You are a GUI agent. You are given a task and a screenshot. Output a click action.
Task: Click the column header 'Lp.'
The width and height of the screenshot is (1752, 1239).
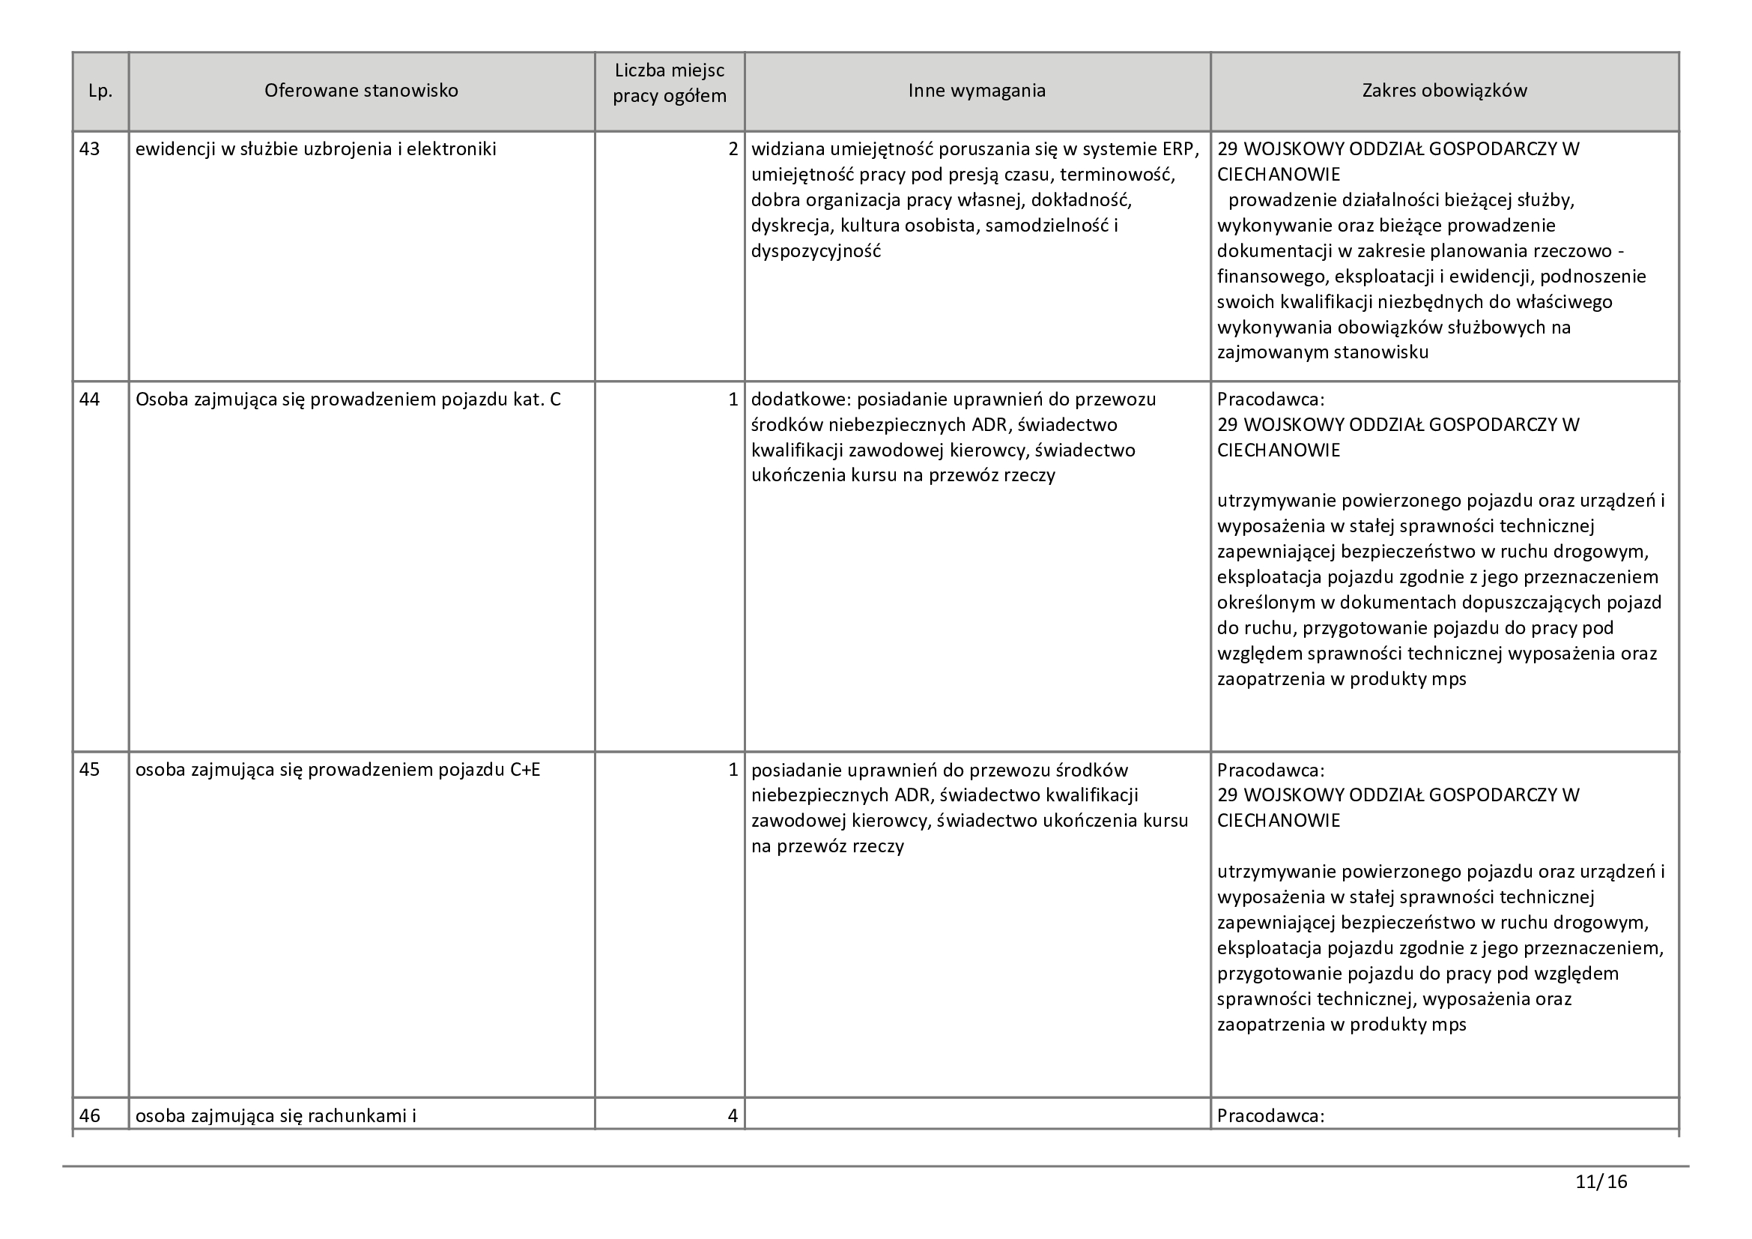point(100,91)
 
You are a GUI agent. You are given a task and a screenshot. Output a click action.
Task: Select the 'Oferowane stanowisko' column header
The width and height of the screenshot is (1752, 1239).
point(361,91)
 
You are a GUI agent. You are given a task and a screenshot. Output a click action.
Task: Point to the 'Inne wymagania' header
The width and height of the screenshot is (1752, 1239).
point(977,91)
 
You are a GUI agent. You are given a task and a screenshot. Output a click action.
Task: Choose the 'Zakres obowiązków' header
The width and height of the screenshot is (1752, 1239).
point(1444,91)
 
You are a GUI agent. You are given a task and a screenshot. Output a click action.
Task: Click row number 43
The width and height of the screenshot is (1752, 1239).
point(90,149)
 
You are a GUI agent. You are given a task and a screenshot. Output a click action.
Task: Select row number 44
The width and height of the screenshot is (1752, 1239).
point(90,400)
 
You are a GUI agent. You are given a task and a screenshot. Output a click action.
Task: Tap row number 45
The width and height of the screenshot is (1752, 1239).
point(90,770)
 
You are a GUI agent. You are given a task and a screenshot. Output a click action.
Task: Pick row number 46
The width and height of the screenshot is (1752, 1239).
point(90,1115)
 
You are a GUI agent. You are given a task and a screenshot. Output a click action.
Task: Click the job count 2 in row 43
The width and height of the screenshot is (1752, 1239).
point(733,149)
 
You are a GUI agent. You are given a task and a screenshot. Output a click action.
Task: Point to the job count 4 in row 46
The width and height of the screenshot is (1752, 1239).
point(733,1115)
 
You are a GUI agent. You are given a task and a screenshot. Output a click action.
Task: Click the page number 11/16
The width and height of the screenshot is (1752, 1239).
point(1601,1183)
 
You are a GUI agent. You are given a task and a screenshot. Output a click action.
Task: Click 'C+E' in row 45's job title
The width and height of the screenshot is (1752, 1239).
point(524,770)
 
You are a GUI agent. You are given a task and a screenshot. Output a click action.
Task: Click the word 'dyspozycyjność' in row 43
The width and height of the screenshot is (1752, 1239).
point(816,251)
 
